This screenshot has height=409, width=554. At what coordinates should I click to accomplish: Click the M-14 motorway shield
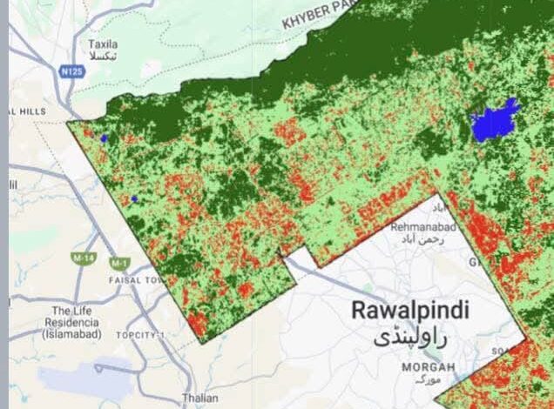tap(84, 259)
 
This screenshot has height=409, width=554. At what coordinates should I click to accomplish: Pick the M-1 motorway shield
tap(118, 262)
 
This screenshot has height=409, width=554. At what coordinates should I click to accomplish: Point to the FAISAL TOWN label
tap(136, 281)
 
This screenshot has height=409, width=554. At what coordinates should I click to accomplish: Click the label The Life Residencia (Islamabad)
tap(76, 322)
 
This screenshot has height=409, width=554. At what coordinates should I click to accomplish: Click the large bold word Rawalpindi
tap(409, 310)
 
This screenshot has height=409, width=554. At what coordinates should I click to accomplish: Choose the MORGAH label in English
tap(428, 367)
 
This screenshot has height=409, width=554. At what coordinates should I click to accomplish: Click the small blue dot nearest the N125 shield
tap(104, 137)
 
